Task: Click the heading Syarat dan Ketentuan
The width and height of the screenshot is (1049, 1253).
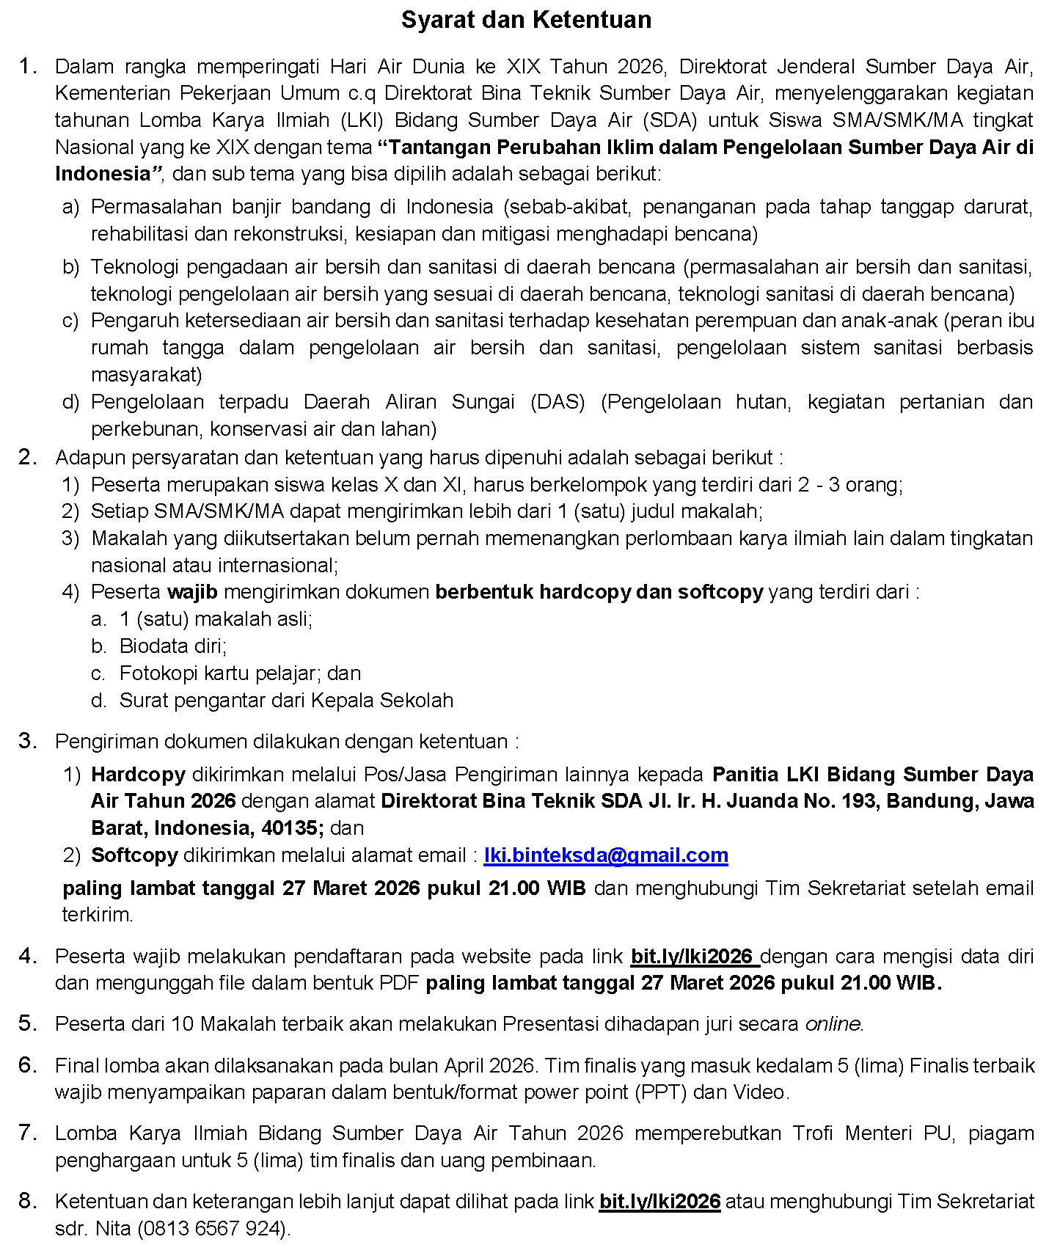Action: click(x=526, y=20)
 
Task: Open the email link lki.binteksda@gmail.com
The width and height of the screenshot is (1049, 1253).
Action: click(x=606, y=855)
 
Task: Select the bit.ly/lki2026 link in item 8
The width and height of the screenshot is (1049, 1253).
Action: click(x=659, y=1202)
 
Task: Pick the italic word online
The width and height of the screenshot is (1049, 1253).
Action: click(x=833, y=1024)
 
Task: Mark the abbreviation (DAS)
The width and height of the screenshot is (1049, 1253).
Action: click(x=558, y=402)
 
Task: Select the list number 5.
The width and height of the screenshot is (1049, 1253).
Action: click(x=27, y=1023)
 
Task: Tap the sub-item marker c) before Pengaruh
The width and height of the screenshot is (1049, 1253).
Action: click(x=70, y=321)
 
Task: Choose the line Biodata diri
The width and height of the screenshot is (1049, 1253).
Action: click(x=173, y=646)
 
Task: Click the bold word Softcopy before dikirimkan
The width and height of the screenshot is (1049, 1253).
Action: click(x=134, y=855)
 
